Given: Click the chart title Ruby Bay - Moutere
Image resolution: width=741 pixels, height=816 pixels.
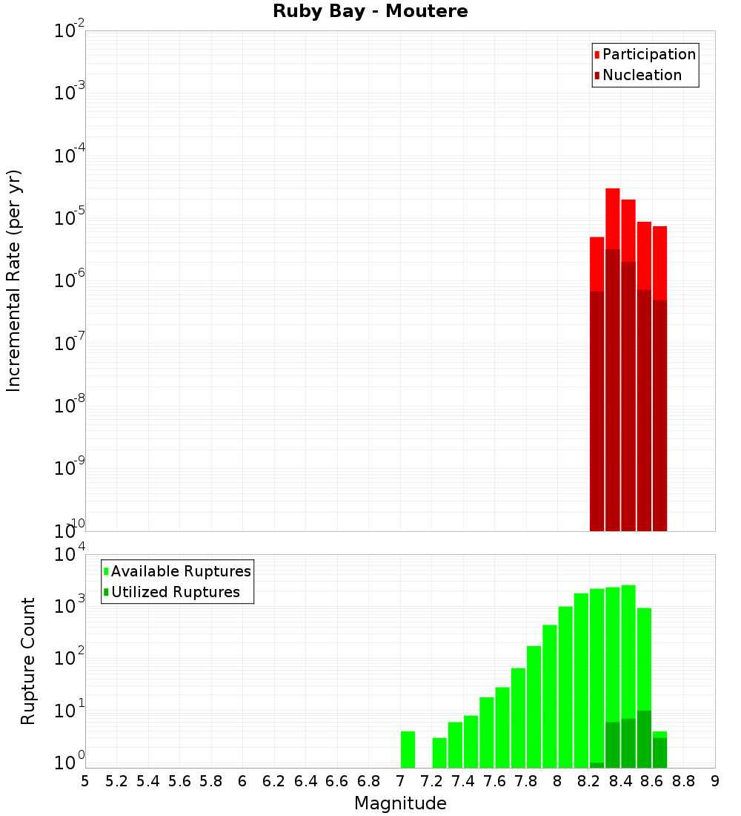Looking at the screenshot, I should (x=370, y=12).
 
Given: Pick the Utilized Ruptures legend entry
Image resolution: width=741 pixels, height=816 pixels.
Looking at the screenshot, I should (x=175, y=592).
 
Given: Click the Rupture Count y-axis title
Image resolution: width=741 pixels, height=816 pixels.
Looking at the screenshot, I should (x=28, y=660).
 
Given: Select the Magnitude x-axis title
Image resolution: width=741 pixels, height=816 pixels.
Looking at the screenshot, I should (x=400, y=803).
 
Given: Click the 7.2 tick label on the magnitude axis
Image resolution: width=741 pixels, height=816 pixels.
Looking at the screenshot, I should (x=431, y=780).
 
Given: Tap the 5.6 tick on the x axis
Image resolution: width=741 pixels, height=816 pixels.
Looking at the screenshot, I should (x=179, y=780).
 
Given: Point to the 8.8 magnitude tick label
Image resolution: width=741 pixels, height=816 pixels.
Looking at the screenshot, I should (x=683, y=780).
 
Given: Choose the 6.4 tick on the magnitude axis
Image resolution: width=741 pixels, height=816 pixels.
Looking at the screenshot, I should (x=305, y=780).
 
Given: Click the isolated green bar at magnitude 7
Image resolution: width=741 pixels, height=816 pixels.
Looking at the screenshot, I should (x=408, y=749).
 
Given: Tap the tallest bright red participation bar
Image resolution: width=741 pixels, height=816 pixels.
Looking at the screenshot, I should (x=613, y=219).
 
